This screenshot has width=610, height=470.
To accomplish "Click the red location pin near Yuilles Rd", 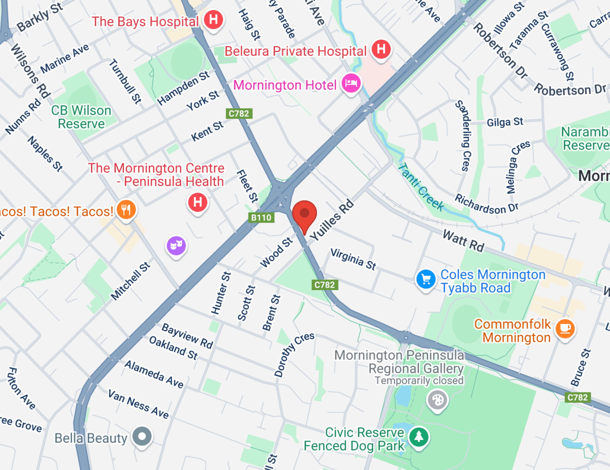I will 304,214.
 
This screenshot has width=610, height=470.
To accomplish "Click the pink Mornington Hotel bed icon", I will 351,83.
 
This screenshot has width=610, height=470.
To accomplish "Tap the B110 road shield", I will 261,218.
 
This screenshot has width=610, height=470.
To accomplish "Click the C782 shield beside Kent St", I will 239,114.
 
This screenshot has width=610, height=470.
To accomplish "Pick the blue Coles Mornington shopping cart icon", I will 426,279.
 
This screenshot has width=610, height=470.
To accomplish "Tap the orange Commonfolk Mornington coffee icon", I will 565,329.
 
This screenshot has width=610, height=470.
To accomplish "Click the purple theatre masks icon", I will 176,245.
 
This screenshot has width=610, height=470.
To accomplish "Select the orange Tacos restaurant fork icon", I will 126,209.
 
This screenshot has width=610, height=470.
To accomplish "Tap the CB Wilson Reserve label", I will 81,117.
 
